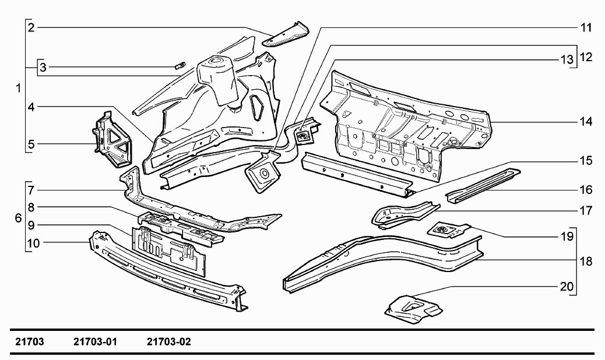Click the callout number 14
(586, 122)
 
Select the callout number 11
(586, 27)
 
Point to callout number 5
(31, 143)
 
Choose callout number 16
(586, 189)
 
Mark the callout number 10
(33, 243)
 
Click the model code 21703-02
(169, 342)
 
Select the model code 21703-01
(96, 342)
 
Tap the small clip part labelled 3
(180, 65)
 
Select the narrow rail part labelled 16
(483, 183)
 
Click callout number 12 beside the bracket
(586, 57)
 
